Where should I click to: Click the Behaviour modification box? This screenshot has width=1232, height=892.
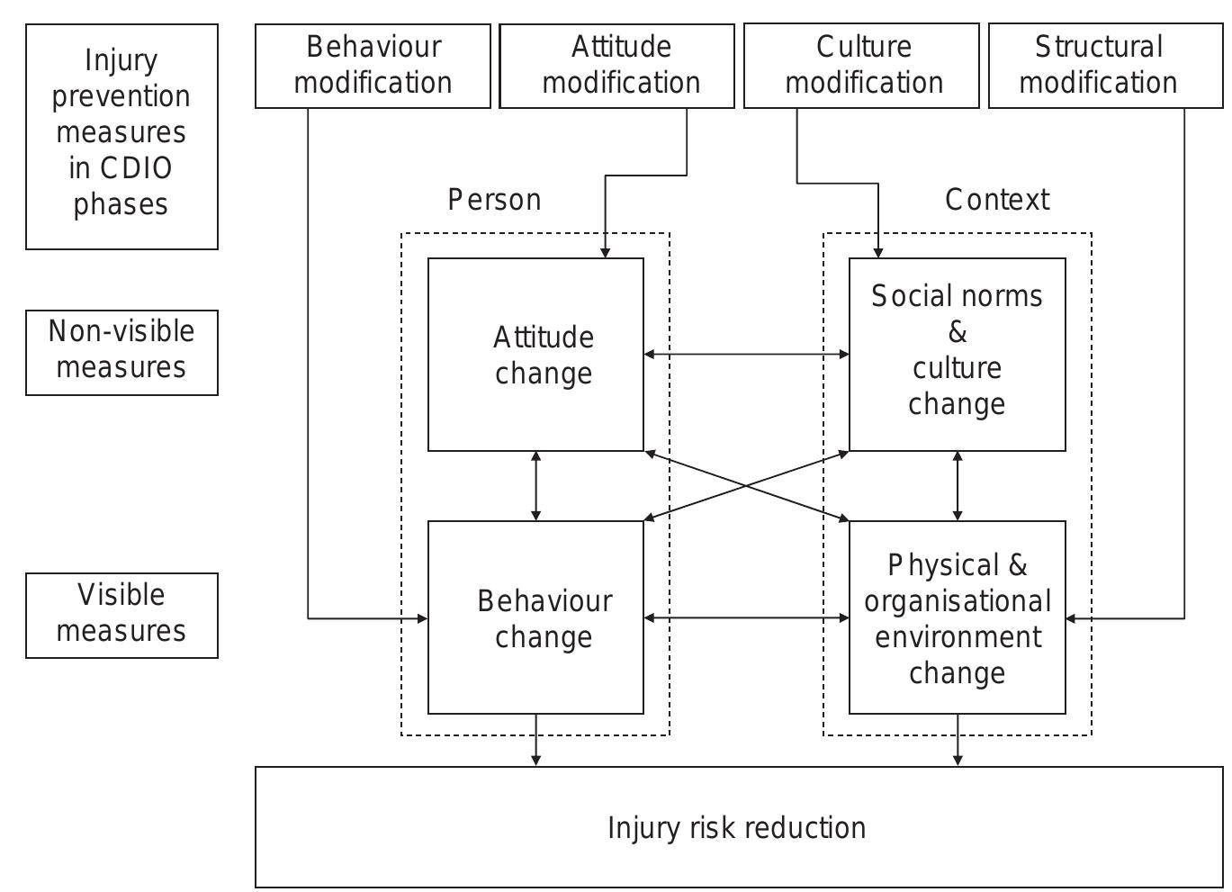point(373,66)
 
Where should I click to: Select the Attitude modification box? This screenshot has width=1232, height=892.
point(616,66)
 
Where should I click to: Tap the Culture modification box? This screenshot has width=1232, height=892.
point(861,66)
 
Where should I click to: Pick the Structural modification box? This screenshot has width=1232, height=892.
point(1105,66)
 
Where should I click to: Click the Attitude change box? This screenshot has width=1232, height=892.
point(535,355)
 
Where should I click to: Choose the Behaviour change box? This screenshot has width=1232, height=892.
point(535,617)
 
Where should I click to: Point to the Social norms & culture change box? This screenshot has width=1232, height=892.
point(957,355)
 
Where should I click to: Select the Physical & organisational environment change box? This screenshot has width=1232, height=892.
point(957,617)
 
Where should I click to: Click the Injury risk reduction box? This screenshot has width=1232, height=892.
point(738,827)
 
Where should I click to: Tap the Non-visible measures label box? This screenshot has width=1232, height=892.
point(121,353)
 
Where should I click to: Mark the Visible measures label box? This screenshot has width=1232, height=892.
point(121,616)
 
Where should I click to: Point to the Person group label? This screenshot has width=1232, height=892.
point(494,200)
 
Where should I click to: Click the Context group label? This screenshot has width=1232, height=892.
point(996,200)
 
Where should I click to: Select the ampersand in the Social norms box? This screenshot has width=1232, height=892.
point(958,333)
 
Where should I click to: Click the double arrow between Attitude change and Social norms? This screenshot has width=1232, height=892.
point(746,355)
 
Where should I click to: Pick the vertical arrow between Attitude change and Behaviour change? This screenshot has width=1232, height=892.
point(536,486)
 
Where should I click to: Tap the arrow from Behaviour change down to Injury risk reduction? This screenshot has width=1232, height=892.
point(536,740)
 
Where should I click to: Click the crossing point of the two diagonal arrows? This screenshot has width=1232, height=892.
point(746,486)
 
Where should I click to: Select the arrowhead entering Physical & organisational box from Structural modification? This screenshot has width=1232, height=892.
point(1072,618)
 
